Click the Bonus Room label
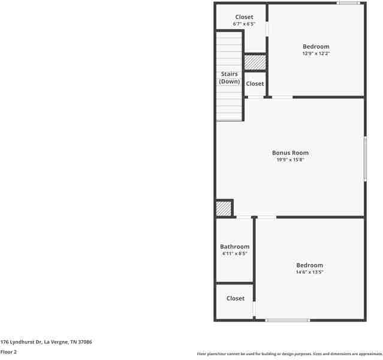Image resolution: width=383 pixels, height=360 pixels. (290, 153)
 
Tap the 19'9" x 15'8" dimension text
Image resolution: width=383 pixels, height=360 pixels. (290, 160)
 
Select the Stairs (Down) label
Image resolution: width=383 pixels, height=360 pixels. (229, 77)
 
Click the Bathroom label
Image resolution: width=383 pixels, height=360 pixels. (234, 247)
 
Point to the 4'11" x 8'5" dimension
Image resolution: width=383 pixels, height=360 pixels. (234, 254)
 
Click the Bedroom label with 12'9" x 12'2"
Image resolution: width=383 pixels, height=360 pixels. (315, 47)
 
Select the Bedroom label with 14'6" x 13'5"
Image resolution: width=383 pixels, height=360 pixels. (309, 265)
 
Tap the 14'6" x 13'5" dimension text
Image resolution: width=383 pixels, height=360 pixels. (309, 272)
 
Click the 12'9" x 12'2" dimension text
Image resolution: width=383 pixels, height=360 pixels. (315, 54)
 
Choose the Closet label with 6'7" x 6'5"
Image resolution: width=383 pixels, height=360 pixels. (244, 17)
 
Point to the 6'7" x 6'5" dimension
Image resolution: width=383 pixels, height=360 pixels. (244, 24)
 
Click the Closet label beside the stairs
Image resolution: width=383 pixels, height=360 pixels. (255, 84)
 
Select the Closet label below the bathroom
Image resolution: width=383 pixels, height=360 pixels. (235, 298)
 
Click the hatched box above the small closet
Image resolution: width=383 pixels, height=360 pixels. (255, 62)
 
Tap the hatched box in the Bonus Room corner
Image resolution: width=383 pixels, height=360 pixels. (224, 208)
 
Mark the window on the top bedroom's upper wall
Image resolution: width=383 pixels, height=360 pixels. (348, 3)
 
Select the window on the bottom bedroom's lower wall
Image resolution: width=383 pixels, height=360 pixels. (287, 320)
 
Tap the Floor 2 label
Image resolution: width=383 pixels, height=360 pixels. (8, 352)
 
